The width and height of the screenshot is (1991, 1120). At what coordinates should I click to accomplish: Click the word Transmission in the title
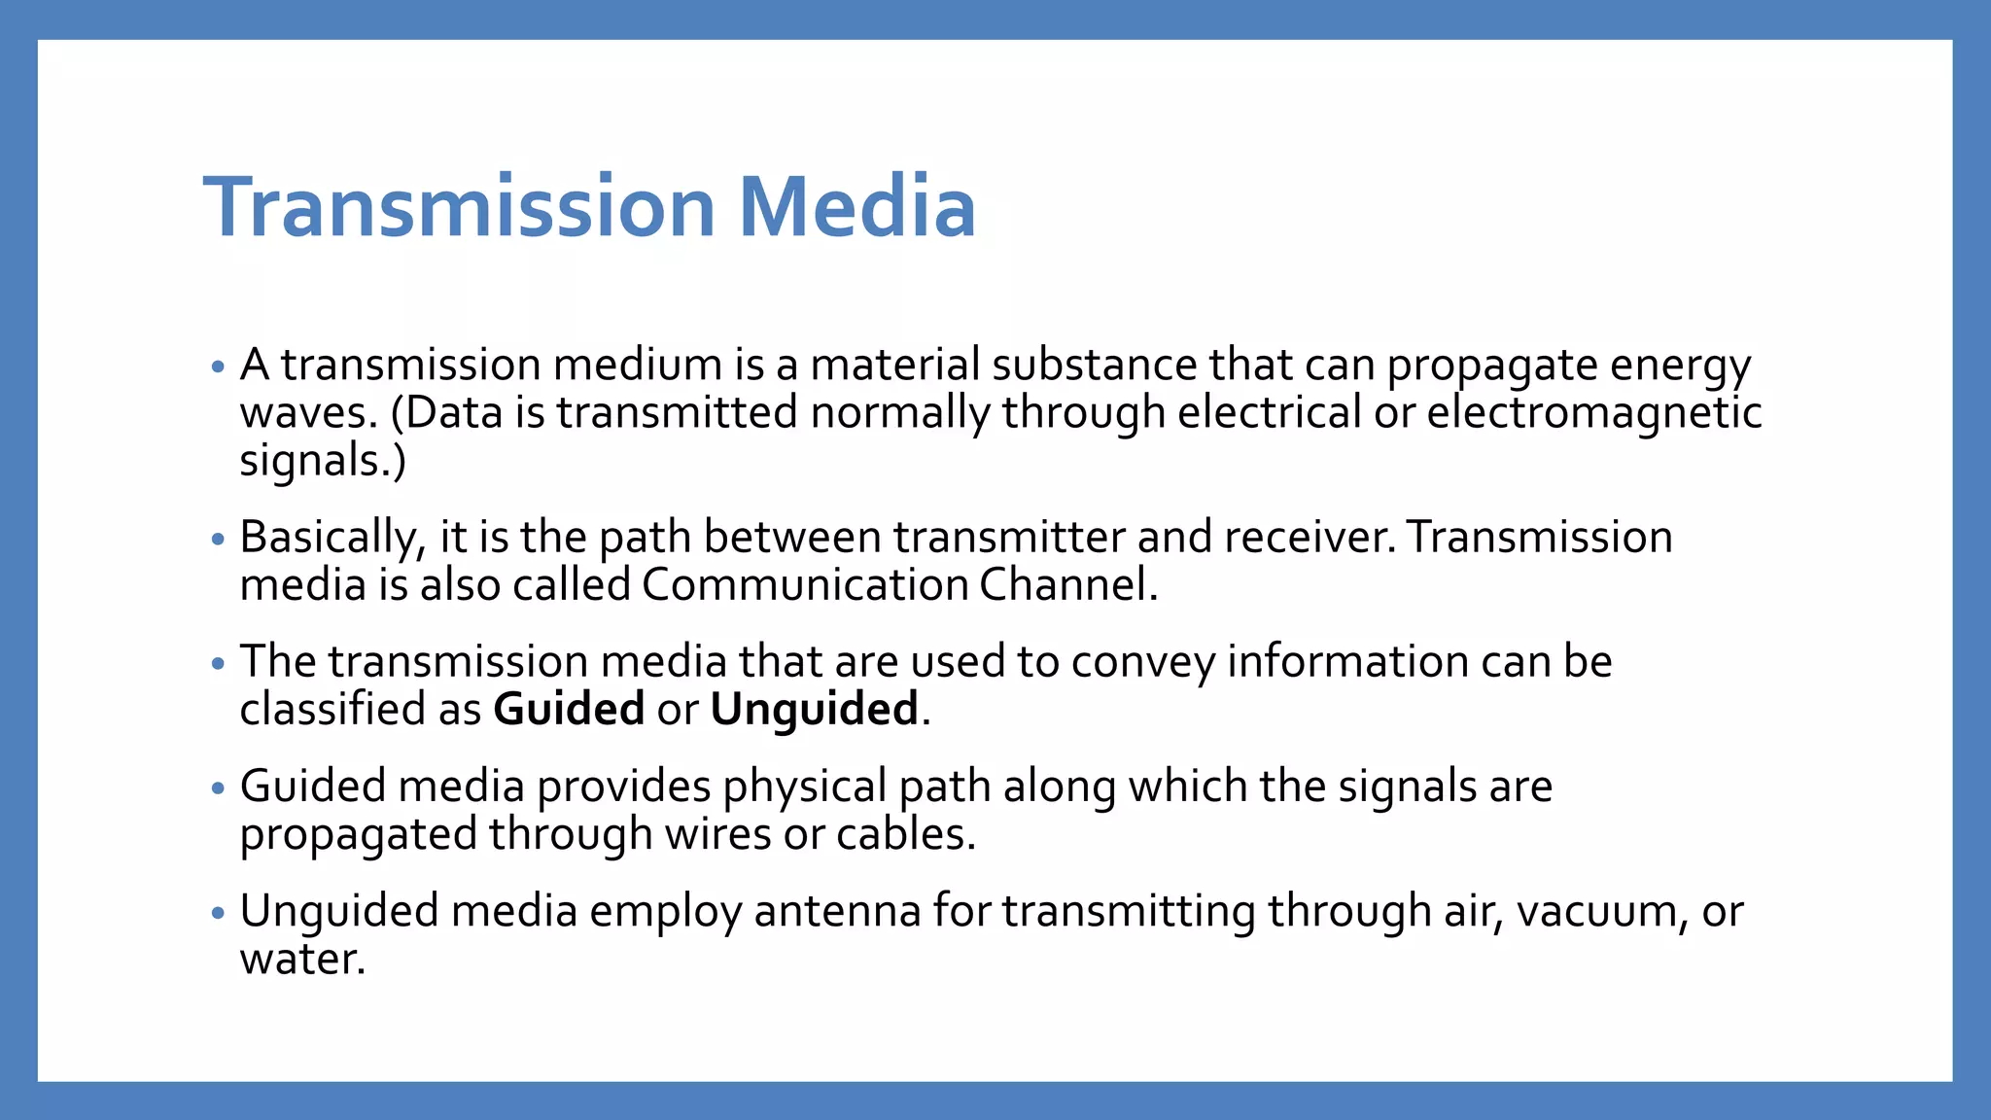point(460,206)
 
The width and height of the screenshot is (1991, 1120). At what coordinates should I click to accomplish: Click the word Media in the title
point(856,206)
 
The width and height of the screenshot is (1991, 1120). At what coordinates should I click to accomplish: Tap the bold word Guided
point(569,709)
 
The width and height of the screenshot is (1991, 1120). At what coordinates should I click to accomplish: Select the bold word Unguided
point(814,709)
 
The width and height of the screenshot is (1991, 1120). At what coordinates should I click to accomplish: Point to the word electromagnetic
point(1593,412)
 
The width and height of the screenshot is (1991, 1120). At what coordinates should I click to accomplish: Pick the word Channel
point(1067,585)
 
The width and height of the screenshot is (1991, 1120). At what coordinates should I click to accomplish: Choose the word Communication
point(804,585)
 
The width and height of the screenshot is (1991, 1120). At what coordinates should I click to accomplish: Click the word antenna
point(837,911)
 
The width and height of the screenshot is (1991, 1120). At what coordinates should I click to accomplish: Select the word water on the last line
point(301,960)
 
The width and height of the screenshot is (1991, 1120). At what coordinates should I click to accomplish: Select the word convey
point(1143,663)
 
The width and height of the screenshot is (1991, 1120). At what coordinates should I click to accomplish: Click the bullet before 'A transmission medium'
point(218,367)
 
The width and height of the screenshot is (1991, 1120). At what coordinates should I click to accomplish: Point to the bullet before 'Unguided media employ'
point(218,913)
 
